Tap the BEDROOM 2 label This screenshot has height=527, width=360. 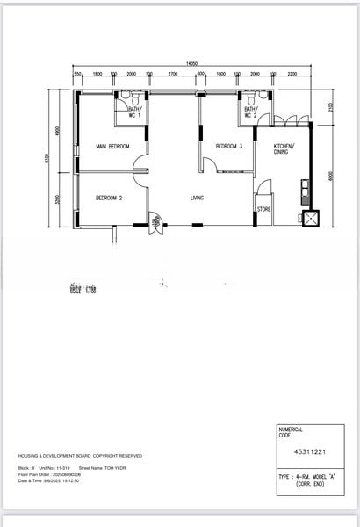[109, 198]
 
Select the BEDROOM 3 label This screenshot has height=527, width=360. [228, 146]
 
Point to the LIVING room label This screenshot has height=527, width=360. [197, 198]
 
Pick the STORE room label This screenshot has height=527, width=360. [263, 209]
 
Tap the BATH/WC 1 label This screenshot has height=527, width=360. [134, 112]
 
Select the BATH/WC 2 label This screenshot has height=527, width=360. [250, 112]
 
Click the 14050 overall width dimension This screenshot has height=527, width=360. [191, 63]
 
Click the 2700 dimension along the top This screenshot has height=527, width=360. [173, 75]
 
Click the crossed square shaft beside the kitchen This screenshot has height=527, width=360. [308, 218]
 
